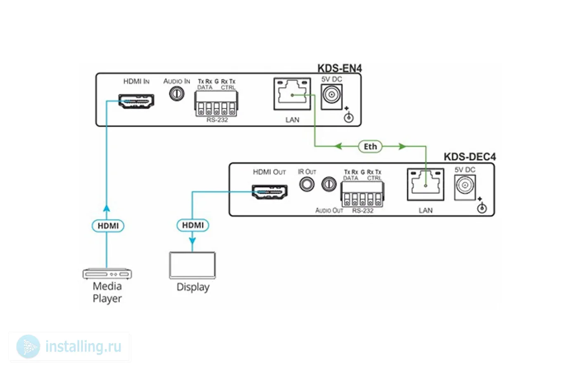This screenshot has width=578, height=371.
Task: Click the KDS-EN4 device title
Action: point(339,68)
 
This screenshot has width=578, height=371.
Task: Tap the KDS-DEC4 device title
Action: point(469,157)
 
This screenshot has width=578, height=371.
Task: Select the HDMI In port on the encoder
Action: point(136,101)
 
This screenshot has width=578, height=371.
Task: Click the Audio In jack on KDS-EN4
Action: point(177,94)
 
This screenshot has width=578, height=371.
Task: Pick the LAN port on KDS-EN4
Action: point(292,94)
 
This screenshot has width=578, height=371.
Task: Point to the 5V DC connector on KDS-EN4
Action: point(332,96)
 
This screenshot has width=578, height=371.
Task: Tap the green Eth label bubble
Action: point(370,146)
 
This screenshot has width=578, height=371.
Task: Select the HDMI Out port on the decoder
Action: point(270,192)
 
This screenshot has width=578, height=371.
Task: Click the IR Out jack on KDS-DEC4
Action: point(307,184)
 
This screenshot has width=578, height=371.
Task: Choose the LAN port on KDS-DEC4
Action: point(425,184)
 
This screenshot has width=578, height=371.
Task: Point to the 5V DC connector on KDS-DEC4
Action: point(465,186)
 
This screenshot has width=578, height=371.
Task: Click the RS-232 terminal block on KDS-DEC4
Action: point(362,194)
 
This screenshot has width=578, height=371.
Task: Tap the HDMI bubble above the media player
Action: point(108,225)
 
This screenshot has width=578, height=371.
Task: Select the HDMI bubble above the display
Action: point(193,225)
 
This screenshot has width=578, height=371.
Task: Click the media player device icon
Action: point(107,274)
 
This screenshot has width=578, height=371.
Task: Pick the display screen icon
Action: point(192,265)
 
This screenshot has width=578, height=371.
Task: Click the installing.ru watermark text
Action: point(83,347)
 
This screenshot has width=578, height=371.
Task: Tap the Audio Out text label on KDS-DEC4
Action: point(329,210)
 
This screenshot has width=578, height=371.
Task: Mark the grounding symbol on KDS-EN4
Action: point(349,117)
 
